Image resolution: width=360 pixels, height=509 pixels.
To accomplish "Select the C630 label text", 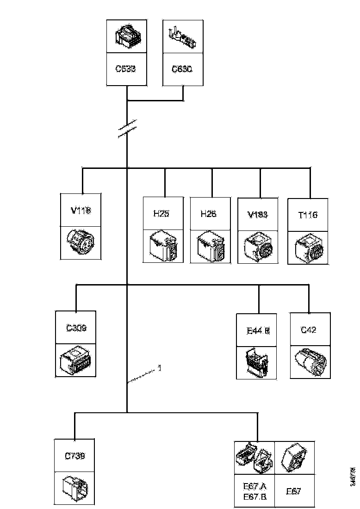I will click(182, 69).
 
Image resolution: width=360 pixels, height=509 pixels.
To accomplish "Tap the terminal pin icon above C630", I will click(182, 37).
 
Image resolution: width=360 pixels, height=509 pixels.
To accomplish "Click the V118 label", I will click(81, 210).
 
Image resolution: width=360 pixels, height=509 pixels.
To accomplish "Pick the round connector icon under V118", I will click(81, 242).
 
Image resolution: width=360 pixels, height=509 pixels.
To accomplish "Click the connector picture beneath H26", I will click(210, 246).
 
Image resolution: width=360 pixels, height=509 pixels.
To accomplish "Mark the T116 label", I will click(308, 215).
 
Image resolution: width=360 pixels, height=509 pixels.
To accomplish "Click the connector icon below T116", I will click(308, 247).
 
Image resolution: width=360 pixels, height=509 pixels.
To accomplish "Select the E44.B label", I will click(258, 330).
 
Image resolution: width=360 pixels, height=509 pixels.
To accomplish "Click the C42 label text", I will click(309, 329).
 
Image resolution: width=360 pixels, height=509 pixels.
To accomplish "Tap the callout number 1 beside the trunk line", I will click(159, 368).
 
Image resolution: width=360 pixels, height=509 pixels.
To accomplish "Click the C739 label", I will click(75, 455).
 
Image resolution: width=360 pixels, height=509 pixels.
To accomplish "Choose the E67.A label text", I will click(255, 486).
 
